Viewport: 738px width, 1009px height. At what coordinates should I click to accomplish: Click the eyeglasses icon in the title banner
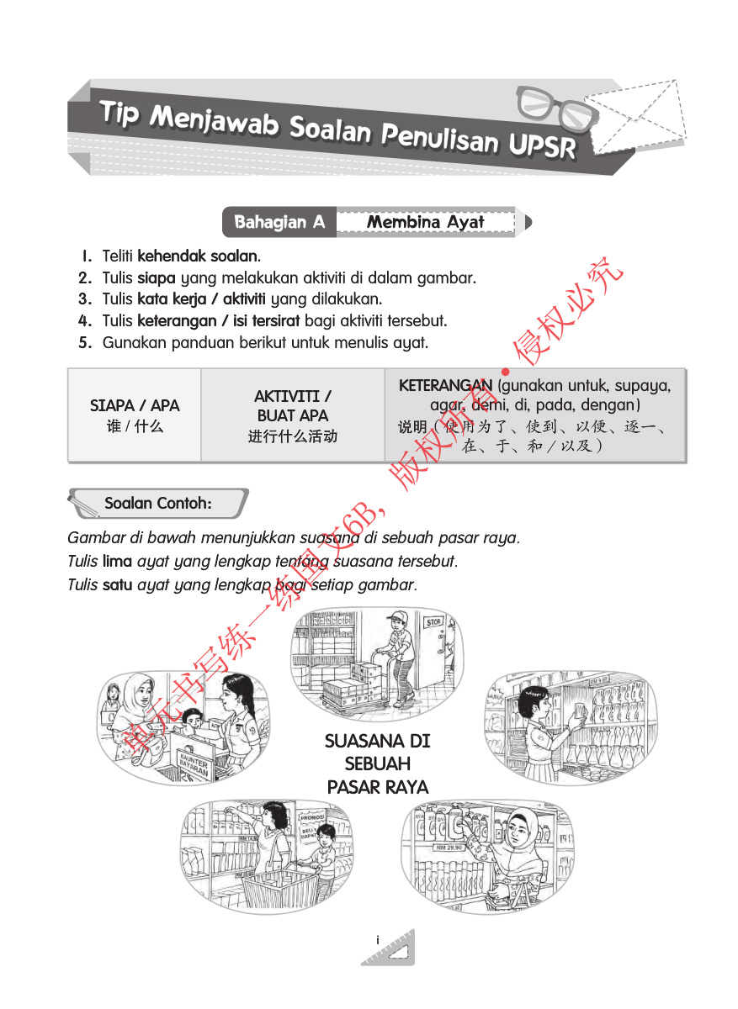pos(551,106)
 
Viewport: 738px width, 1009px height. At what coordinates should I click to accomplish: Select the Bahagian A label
pos(279,222)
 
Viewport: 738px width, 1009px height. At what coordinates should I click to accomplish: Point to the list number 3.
pos(84,298)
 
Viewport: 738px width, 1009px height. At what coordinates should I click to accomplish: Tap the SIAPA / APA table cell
pos(135,415)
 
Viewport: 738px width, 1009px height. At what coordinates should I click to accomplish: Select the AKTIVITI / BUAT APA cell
pos(292,415)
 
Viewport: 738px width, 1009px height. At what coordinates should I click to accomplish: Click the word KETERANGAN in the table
pos(445,385)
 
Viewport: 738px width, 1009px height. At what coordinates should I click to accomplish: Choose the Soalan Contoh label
pos(157,504)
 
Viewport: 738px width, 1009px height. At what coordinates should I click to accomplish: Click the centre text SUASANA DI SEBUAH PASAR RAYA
pos(377,763)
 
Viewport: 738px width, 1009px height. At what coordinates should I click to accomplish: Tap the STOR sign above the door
pos(433,623)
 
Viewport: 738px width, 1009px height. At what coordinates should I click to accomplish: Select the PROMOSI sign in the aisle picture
pos(313,816)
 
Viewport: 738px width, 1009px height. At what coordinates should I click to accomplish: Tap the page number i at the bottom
pos(378,939)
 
